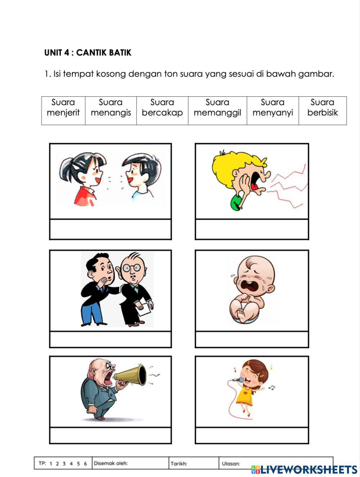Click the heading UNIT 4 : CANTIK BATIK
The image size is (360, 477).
tap(87, 53)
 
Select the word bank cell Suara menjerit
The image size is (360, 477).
tap(63, 108)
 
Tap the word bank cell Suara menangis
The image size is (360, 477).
tap(111, 108)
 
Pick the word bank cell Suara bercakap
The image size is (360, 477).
tap(162, 108)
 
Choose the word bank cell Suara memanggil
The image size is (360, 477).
tap(217, 108)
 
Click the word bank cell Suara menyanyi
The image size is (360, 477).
tap(273, 108)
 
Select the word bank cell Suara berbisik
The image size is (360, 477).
tap(322, 108)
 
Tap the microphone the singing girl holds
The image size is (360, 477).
tap(238, 379)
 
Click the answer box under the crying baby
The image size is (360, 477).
tap(252, 339)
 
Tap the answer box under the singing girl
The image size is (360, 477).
tap(252, 435)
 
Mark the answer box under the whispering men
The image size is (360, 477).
tap(110, 339)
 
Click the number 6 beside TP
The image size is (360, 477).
tap(85, 464)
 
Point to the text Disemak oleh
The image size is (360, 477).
tap(111, 463)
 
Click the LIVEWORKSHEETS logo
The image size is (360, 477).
tap(304, 469)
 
